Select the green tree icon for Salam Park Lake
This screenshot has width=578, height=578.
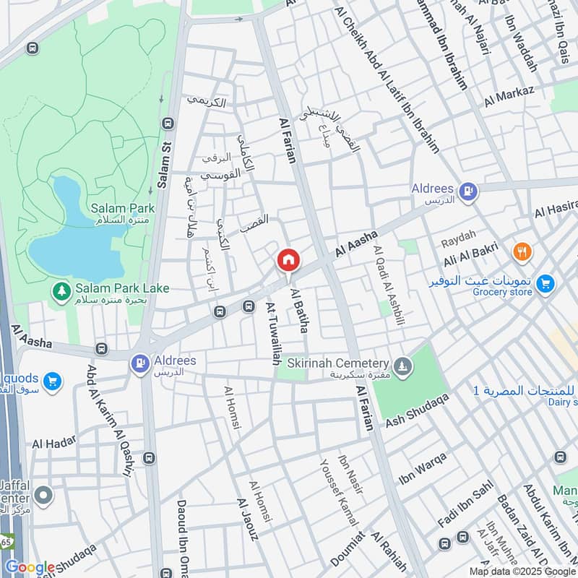coord(63,292)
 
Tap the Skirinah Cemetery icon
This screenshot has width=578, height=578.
coord(402,363)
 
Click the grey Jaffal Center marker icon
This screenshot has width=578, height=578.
coord(43,496)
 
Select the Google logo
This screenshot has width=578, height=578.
coord(30,567)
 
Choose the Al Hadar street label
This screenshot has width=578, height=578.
coord(53,443)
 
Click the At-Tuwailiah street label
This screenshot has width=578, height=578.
coord(272,333)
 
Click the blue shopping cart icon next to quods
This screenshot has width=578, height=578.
coord(51,381)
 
